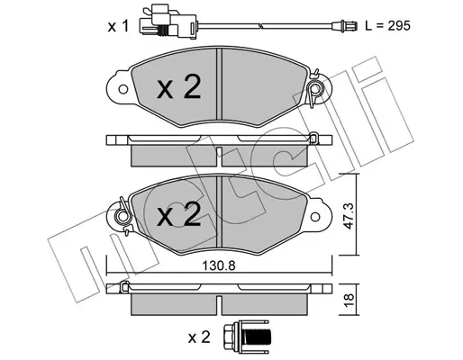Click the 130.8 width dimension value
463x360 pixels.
[218, 265]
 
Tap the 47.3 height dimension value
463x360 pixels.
[349, 215]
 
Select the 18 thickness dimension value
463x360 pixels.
[349, 299]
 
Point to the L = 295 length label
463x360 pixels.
[387, 26]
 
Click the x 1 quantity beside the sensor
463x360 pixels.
[118, 26]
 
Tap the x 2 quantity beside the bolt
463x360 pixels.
[199, 337]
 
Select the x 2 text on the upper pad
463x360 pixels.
[179, 86]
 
